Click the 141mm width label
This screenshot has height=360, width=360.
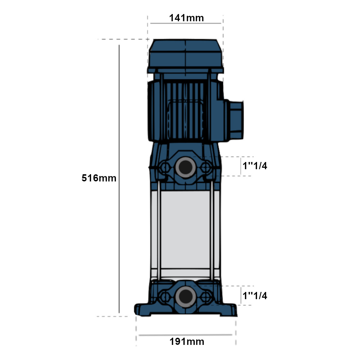coord(186,18)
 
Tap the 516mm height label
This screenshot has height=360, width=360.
coord(99,178)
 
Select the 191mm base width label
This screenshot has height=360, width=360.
coord(187,342)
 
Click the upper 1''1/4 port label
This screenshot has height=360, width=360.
coord(255,166)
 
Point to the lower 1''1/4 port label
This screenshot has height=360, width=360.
coord(255,296)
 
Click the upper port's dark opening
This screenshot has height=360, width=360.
coord(185,167)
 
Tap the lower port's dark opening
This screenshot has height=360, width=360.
coord(185,297)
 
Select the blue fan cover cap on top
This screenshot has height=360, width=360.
coord(185,56)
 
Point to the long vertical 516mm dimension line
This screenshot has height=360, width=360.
coord(119,179)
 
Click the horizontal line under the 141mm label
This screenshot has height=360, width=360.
coord(185,23)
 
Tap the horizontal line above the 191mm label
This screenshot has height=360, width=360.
coord(185,335)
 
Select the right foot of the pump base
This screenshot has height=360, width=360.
coord(229,310)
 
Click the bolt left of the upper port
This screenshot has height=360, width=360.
coord(165,167)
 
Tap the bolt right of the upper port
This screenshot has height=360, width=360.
coord(206,167)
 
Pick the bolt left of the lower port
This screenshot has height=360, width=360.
coord(165,297)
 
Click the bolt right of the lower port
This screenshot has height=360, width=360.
coord(206,297)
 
